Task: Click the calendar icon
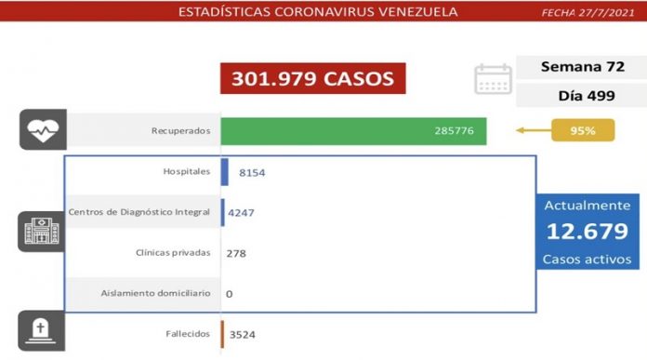(493, 79)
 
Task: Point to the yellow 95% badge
(583, 131)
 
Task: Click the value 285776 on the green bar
(454, 131)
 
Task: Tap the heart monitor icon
(41, 131)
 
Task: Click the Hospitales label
(186, 172)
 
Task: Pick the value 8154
(253, 173)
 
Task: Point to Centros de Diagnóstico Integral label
(139, 213)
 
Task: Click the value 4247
(241, 213)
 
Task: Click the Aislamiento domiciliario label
(156, 294)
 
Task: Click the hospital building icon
(41, 233)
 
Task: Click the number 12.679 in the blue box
(587, 232)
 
